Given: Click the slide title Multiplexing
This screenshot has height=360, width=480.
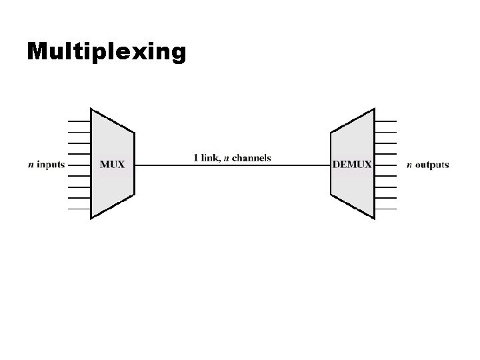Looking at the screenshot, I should click(106, 51).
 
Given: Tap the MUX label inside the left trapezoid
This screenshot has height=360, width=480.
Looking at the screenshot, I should click(112, 164).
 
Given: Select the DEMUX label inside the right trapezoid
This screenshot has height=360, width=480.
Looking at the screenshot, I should click(352, 164).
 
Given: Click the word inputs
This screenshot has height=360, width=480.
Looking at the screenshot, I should click(51, 165).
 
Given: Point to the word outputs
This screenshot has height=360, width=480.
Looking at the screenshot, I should click(432, 165).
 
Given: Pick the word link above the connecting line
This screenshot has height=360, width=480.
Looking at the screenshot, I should click(209, 158).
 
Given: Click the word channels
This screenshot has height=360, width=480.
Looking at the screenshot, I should click(251, 158).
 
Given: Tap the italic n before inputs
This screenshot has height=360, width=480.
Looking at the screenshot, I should click(31, 165).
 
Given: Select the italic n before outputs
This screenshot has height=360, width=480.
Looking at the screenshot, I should click(409, 165).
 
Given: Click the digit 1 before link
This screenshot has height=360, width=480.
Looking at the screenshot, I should click(195, 158).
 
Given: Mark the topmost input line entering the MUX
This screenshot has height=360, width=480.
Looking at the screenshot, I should click(79, 121).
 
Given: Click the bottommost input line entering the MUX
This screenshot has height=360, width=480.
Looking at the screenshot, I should click(79, 209).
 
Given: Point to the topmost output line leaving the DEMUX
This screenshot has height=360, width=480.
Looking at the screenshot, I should click(385, 121).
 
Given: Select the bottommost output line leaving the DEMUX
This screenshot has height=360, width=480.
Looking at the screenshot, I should click(385, 209).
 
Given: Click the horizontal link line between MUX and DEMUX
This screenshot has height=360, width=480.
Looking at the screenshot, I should click(233, 165).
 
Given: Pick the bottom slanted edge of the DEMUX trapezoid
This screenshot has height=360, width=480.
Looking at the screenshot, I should click(352, 207).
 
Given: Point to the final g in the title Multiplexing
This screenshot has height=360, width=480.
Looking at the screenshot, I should click(178, 53).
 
